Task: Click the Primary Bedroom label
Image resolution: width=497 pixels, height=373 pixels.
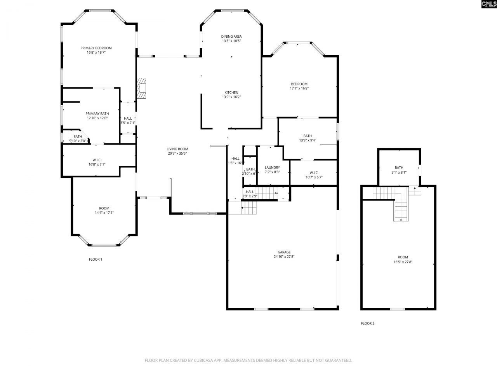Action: tap(96, 48)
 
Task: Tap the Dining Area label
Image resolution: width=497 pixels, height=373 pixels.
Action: tap(231, 37)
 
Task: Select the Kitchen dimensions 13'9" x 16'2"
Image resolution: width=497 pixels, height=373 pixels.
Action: tap(231, 97)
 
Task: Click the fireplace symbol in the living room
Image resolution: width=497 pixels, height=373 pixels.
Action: tap(141, 88)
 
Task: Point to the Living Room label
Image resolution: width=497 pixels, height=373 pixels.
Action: tap(177, 149)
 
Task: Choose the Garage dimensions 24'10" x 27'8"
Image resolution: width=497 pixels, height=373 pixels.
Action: tap(284, 256)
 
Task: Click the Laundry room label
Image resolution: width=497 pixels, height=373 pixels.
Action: tap(272, 167)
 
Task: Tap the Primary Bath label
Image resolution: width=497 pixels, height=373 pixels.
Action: tap(97, 114)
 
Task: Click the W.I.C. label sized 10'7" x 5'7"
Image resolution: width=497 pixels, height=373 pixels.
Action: tap(314, 173)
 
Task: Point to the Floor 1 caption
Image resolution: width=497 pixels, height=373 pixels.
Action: tap(96, 260)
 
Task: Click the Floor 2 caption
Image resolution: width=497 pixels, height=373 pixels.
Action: tap(367, 323)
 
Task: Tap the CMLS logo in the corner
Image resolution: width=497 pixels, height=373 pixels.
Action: tap(488, 4)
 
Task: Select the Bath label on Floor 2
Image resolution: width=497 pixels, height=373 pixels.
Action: tap(399, 168)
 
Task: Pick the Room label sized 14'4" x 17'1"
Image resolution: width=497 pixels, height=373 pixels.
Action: tap(104, 208)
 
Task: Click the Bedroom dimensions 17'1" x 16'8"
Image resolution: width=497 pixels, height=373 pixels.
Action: tap(299, 89)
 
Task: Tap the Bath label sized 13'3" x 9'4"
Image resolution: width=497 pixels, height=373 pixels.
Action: tap(308, 136)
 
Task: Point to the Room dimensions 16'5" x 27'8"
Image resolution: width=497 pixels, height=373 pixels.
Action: tap(403, 262)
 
